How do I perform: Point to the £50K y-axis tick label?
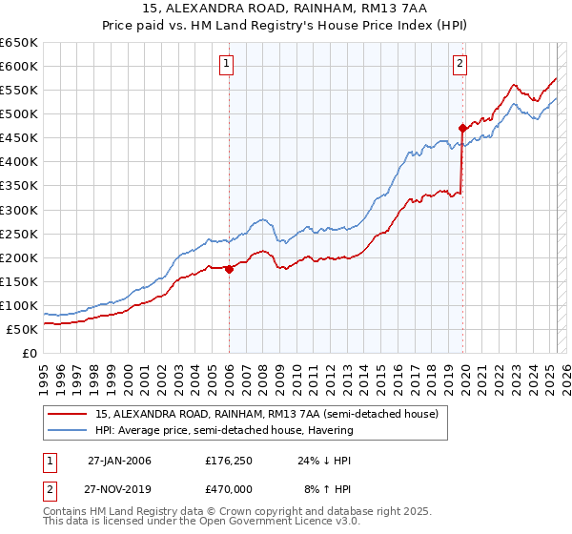23,329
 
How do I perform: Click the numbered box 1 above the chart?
227,64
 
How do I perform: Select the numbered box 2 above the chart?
460,64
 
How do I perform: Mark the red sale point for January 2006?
229,269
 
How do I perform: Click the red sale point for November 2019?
462,128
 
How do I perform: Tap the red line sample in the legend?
68,414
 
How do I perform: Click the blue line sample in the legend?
68,430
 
